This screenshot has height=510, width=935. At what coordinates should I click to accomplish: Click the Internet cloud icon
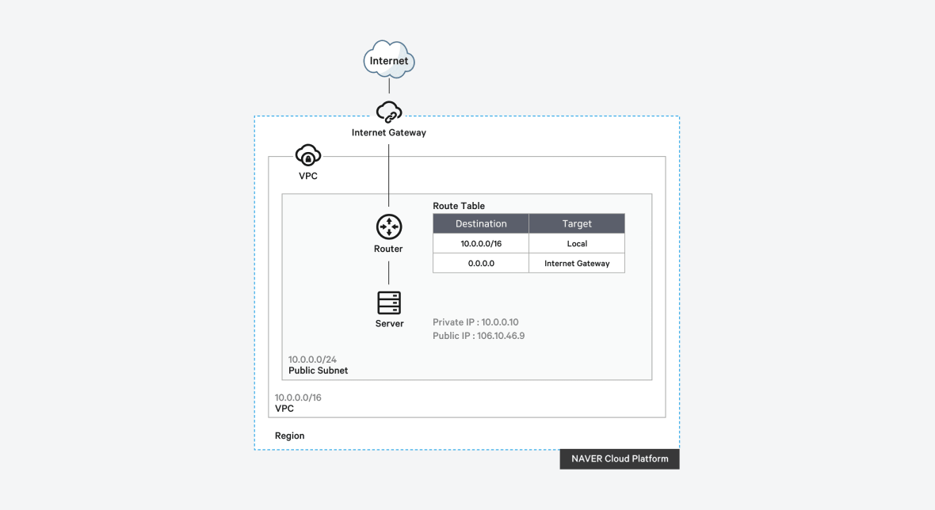point(389,60)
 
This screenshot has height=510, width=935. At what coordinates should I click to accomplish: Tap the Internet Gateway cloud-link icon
point(389,112)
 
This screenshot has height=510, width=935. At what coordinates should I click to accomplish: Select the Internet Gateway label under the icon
point(389,133)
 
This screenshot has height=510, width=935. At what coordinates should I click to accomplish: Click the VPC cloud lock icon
point(307,155)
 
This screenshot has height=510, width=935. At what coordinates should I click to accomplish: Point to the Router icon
point(389,227)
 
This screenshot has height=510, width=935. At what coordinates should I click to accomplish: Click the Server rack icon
point(389,303)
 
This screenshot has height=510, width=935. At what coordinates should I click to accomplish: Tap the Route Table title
point(459,206)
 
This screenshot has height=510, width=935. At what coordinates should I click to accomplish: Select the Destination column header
point(481,224)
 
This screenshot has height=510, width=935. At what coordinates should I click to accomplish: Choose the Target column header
point(577,224)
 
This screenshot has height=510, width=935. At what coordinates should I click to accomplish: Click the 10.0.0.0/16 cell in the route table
point(481,244)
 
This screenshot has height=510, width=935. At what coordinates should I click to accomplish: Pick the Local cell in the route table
point(577,244)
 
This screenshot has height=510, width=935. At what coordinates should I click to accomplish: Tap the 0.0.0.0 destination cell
point(481,263)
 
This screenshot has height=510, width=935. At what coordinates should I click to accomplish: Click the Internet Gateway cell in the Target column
point(577,263)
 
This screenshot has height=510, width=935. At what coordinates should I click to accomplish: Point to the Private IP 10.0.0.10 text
point(475,322)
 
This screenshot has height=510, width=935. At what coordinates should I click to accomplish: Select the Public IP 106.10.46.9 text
point(479,336)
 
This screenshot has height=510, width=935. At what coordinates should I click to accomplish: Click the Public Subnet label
point(318,371)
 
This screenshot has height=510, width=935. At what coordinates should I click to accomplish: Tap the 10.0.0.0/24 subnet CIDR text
point(312,360)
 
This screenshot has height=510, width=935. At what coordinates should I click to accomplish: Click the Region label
point(289,436)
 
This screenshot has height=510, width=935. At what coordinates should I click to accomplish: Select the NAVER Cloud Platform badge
point(620,459)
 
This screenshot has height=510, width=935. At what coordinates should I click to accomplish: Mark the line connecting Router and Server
point(389,272)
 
